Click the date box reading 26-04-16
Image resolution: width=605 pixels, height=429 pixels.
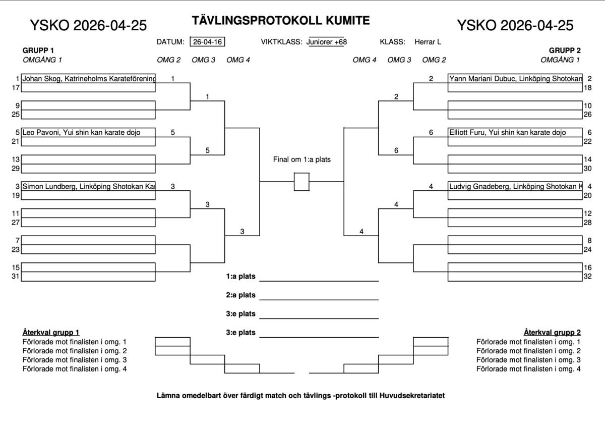[207, 41]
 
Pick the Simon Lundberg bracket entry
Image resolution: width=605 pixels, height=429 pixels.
[88, 186]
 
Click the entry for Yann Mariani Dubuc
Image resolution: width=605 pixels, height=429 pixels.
[515, 78]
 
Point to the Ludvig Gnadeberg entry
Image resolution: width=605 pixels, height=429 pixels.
[515, 186]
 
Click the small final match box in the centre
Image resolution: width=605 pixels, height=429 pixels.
[301, 182]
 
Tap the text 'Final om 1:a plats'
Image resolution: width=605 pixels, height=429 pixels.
[301, 159]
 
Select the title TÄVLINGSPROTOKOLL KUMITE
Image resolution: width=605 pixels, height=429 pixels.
[281, 21]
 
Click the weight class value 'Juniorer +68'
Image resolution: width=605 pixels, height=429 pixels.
[327, 42]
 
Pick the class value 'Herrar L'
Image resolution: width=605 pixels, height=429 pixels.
[428, 42]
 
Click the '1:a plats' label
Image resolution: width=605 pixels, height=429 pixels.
[240, 276]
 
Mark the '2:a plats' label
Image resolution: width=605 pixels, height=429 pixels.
[240, 295]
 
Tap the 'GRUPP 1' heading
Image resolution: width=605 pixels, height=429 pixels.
[38, 50]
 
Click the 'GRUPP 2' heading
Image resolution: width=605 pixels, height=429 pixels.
[565, 50]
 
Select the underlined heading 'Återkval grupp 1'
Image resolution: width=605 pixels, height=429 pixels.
[51, 332]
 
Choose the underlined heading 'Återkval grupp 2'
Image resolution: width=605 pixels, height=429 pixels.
[552, 332]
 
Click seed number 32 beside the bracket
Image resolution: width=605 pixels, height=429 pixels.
[587, 276]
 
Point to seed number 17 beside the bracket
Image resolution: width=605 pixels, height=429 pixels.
[16, 88]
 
